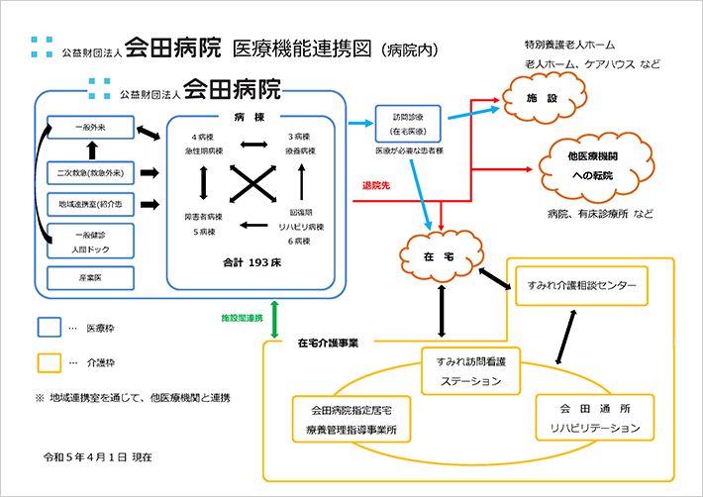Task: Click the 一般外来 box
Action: tap(90, 130)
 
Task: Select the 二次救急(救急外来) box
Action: tap(90, 173)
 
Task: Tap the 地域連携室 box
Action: tap(90, 204)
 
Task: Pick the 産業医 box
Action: tap(90, 277)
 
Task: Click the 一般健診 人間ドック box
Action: tap(90, 242)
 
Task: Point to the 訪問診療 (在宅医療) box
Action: tap(409, 122)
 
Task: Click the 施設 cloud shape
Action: tap(538, 100)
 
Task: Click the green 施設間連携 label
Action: tap(242, 317)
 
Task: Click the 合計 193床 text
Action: tap(254, 264)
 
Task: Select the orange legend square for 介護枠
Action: tap(50, 363)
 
